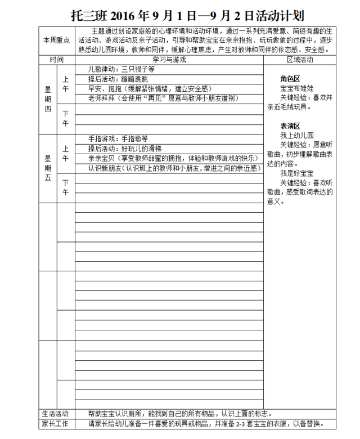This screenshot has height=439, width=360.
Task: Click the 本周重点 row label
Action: (x=56, y=40)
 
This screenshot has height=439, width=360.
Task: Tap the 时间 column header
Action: (x=56, y=59)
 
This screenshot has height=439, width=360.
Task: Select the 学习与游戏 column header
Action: (x=169, y=59)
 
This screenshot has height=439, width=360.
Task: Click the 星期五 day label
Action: (x=48, y=168)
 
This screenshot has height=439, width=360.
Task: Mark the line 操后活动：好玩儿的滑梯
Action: (x=121, y=148)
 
